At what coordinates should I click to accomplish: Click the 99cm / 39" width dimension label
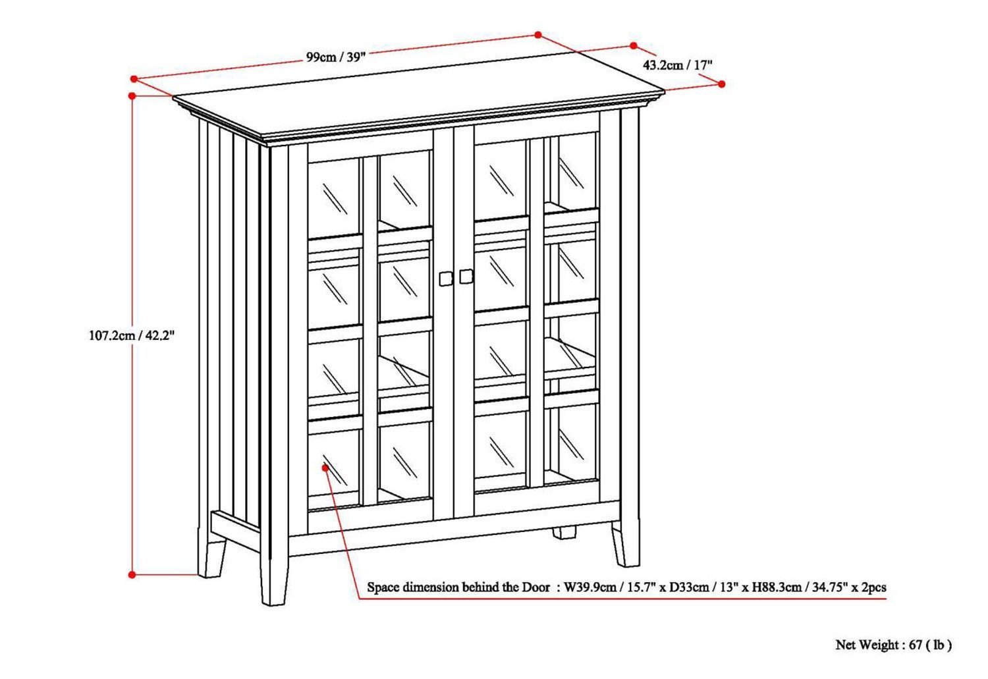pos(335,57)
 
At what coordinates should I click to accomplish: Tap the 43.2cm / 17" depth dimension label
pos(678,65)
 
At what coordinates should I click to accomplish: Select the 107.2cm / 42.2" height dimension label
pos(132,335)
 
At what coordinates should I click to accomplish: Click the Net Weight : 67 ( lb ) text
pos(893,645)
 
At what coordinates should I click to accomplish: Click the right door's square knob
pos(466,277)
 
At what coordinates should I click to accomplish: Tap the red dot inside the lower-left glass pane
pos(326,467)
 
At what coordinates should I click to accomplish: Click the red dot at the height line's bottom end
pos(132,575)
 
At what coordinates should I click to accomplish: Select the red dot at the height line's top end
pos(132,95)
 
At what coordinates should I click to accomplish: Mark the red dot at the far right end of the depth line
pos(722,84)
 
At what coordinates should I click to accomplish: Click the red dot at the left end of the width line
pos(134,79)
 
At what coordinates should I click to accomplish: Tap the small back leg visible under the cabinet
pos(563,532)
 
